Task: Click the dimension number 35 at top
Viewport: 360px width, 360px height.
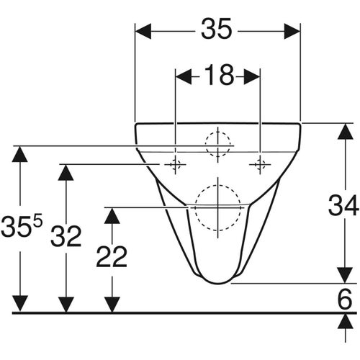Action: click(x=217, y=30)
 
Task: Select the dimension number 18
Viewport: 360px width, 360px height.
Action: click(x=217, y=75)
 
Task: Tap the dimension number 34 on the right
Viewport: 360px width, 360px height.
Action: click(x=343, y=206)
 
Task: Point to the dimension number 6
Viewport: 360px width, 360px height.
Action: click(x=343, y=297)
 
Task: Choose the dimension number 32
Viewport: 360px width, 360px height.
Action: click(x=66, y=235)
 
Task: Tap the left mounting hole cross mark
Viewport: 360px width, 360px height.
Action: click(x=174, y=165)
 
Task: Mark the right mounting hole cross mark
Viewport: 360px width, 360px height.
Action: click(x=260, y=165)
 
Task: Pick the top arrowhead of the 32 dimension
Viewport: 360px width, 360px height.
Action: click(x=66, y=173)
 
